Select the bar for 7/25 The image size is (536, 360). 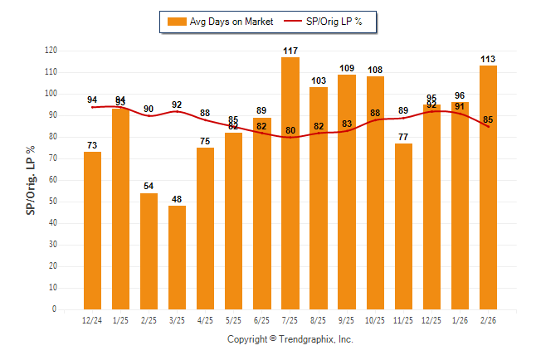click(x=290, y=183)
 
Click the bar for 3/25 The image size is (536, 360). click(x=178, y=257)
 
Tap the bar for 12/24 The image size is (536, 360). click(x=92, y=231)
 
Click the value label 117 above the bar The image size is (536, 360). click(x=290, y=51)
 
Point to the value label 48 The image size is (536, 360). click(x=178, y=200)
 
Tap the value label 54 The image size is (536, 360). click(x=149, y=187)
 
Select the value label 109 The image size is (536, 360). click(x=347, y=68)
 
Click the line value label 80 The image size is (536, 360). click(x=290, y=130)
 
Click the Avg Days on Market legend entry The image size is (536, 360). click(x=219, y=22)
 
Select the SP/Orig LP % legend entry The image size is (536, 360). click(x=325, y=22)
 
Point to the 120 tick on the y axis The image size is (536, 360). click(x=51, y=51)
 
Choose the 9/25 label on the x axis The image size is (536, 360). click(x=347, y=320)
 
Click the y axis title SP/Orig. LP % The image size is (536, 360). click(x=31, y=179)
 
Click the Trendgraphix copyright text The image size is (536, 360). click(x=290, y=339)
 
